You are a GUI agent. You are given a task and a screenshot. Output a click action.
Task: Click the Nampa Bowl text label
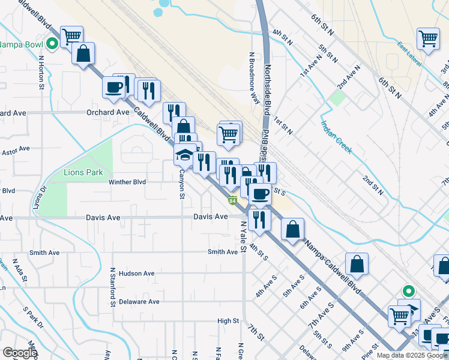pos(22,44)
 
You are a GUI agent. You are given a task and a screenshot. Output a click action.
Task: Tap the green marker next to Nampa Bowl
pos(53,43)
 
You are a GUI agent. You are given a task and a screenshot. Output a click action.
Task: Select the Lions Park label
pos(84,172)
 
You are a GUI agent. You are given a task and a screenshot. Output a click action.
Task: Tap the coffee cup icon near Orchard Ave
pos(113,88)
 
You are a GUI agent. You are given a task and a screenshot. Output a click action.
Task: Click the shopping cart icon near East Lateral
pos(429,39)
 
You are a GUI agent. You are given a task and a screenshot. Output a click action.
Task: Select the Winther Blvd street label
pos(127,182)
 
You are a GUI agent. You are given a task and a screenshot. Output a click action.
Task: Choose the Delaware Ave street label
pos(139,302)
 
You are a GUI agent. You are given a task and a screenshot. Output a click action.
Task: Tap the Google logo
pos(20,353)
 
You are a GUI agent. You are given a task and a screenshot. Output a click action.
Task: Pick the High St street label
pos(228,321)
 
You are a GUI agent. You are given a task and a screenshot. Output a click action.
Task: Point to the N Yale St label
pos(243,236)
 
